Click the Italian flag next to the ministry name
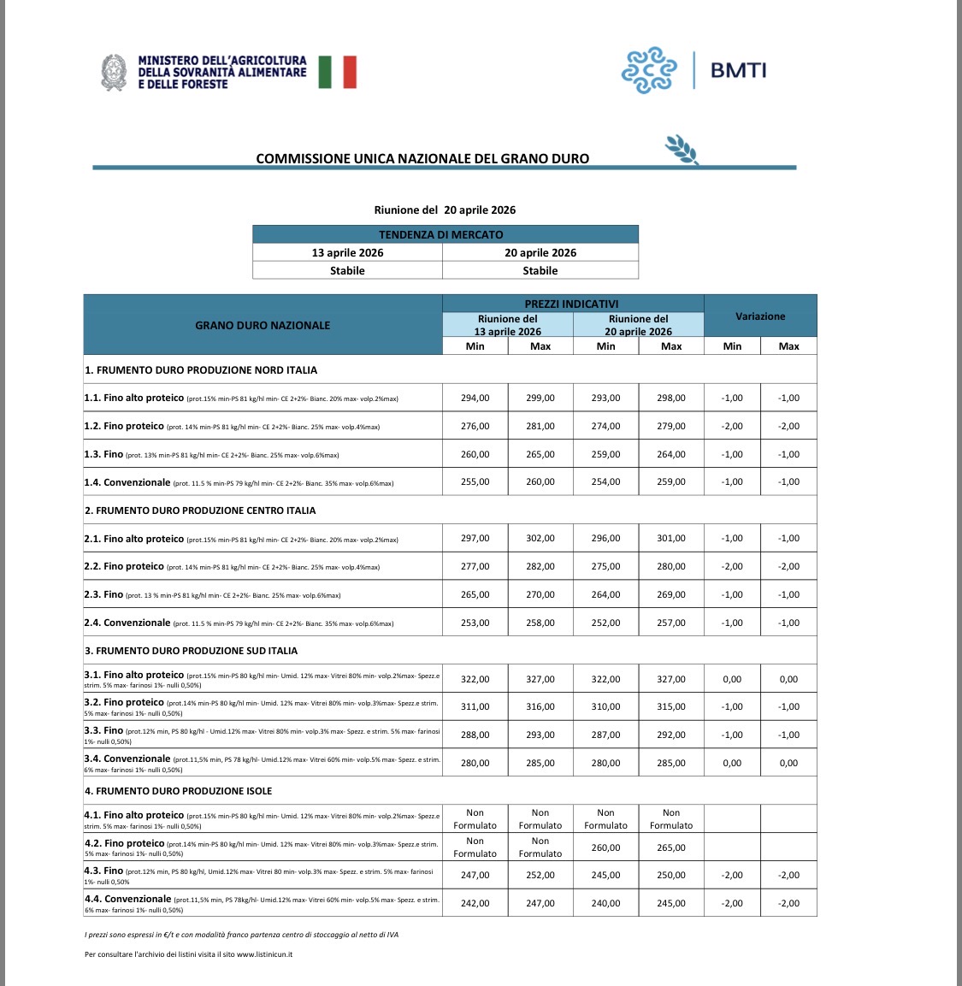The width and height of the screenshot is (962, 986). pyautogui.click(x=337, y=73)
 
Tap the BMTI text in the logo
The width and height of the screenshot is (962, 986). pyautogui.click(x=739, y=70)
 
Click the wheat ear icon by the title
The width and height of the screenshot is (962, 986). pyautogui.click(x=682, y=149)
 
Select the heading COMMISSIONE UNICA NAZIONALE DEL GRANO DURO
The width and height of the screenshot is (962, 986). pyautogui.click(x=422, y=158)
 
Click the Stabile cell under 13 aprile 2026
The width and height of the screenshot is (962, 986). pyautogui.click(x=347, y=270)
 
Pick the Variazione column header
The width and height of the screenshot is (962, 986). pyautogui.click(x=760, y=316)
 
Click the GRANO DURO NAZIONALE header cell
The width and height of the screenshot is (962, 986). pyautogui.click(x=263, y=325)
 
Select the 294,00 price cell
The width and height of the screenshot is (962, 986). pyautogui.click(x=475, y=398)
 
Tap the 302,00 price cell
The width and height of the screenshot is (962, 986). pyautogui.click(x=540, y=539)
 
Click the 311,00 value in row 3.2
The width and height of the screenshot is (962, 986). pyautogui.click(x=475, y=706)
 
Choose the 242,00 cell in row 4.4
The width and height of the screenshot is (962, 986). pyautogui.click(x=475, y=903)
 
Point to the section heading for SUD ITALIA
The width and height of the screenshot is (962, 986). pyautogui.click(x=192, y=651)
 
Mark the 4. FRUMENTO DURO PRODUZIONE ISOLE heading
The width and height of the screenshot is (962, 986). pyautogui.click(x=179, y=791)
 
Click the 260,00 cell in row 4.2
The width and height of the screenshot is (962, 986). pyautogui.click(x=606, y=847)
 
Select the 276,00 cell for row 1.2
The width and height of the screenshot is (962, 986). pyautogui.click(x=475, y=426)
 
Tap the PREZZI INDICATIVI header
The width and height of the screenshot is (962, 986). pyautogui.click(x=572, y=304)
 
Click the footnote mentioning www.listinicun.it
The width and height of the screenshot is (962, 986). pyautogui.click(x=188, y=954)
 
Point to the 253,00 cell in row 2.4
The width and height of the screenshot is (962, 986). pyautogui.click(x=475, y=623)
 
